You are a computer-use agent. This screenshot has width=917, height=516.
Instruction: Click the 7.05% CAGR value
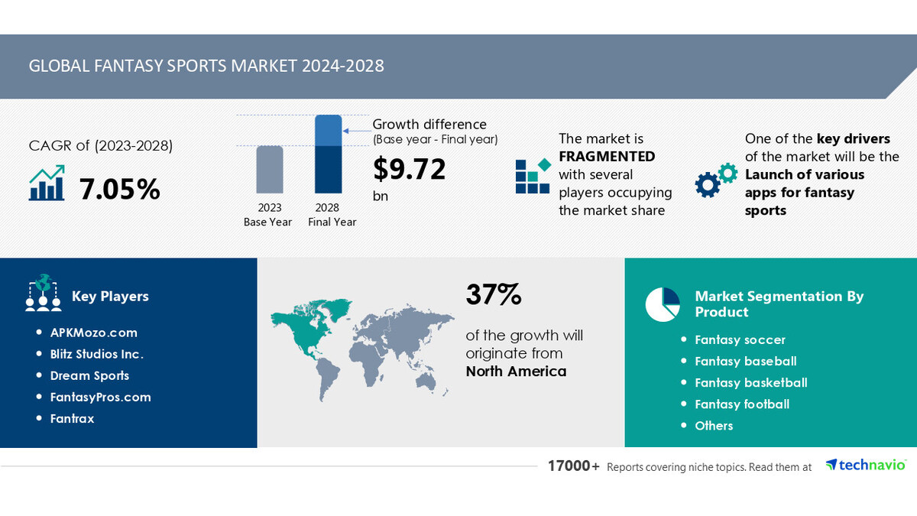120,189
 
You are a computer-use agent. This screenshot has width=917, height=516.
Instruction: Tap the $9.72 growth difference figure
409,169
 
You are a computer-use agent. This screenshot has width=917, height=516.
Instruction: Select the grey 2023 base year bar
269,169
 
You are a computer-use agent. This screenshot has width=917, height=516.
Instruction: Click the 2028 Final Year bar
328,154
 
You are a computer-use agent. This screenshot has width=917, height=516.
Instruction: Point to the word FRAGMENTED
607,156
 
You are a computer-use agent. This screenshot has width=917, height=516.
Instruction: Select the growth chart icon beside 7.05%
47,184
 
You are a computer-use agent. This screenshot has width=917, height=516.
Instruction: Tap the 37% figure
493,294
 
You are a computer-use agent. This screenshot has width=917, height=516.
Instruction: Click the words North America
517,372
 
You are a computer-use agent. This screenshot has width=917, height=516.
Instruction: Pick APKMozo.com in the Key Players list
93,333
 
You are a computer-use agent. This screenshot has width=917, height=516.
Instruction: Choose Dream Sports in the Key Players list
89,375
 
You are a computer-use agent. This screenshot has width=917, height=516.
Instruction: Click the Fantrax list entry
72,418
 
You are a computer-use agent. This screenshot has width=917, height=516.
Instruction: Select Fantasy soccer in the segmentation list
740,339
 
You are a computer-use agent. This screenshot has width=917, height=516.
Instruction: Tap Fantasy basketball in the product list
750,382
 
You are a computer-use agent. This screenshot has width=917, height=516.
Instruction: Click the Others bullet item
714,425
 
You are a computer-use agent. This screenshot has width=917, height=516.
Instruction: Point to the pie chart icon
663,304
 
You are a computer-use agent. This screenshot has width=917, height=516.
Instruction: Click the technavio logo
866,465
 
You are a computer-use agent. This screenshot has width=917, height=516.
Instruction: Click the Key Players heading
110,296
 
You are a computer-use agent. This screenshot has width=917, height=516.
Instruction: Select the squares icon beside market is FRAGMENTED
532,177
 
